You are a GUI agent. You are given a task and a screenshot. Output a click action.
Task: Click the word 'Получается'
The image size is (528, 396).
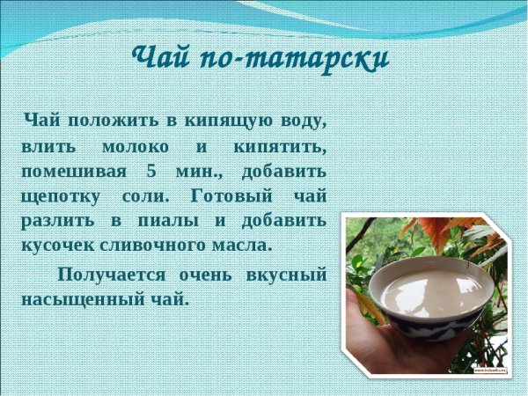[111, 274]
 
